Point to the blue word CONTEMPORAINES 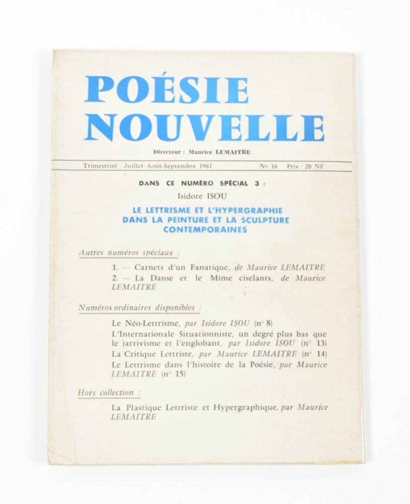(x=205, y=229)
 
